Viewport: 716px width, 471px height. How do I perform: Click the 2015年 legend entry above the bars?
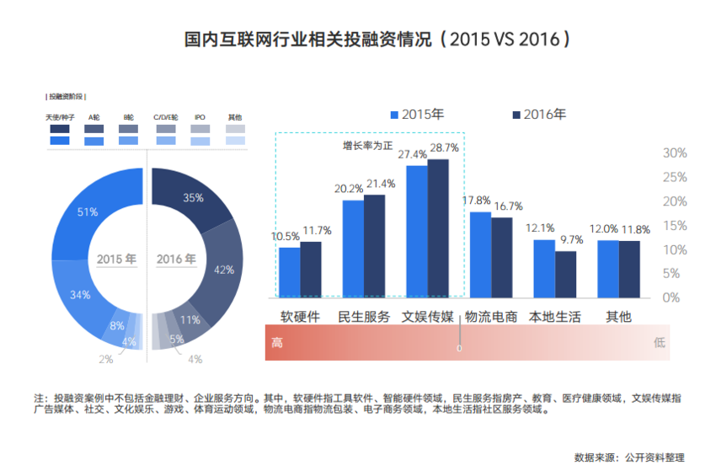point(416,115)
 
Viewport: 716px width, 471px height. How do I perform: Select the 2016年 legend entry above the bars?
point(538,115)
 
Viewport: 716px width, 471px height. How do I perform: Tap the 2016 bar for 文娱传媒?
point(438,227)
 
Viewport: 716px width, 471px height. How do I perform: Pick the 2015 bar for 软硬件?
point(289,271)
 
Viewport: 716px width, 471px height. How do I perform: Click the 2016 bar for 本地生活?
point(566,274)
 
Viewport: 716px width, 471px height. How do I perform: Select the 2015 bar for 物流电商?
point(480,254)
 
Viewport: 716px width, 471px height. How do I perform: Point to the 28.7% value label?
point(445,147)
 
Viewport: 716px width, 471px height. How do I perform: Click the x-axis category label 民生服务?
point(364,317)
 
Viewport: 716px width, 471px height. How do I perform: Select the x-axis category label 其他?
point(618,317)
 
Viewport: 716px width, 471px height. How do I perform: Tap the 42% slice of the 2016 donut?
point(224,270)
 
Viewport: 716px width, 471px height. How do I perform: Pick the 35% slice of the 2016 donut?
point(193,198)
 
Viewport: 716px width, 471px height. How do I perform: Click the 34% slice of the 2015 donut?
point(80,295)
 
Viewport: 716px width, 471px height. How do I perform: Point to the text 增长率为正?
point(367,146)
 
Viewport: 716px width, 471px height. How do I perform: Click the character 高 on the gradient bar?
point(277,343)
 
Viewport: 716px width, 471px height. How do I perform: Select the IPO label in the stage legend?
point(200,117)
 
